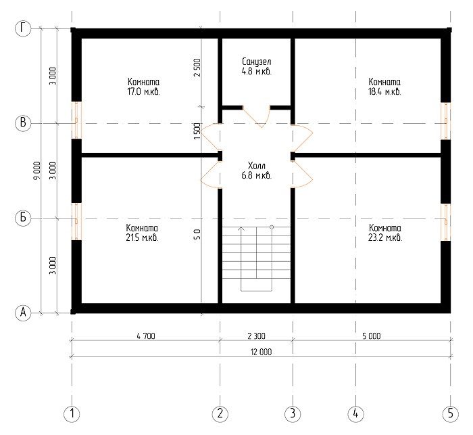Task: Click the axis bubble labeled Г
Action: (x=23, y=28)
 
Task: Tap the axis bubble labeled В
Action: (x=23, y=123)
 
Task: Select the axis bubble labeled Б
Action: (x=23, y=218)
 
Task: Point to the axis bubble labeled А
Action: (x=23, y=313)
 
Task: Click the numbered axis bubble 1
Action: (x=72, y=413)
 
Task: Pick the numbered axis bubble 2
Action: (x=220, y=413)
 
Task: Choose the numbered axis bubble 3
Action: (x=293, y=413)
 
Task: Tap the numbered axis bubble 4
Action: (x=355, y=413)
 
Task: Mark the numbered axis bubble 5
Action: (x=451, y=413)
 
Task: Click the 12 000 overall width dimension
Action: (x=261, y=352)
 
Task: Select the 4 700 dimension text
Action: (x=146, y=336)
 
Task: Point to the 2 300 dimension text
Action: (x=256, y=336)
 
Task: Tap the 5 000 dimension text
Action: (x=372, y=336)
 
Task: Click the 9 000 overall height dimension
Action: (x=36, y=170)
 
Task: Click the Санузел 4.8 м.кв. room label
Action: (x=257, y=66)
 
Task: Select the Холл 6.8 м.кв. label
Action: (x=256, y=170)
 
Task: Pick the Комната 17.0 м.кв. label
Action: (x=143, y=87)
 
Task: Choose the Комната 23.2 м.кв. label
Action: (x=385, y=233)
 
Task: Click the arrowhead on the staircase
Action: (x=241, y=229)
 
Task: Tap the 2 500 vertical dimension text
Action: (x=197, y=68)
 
